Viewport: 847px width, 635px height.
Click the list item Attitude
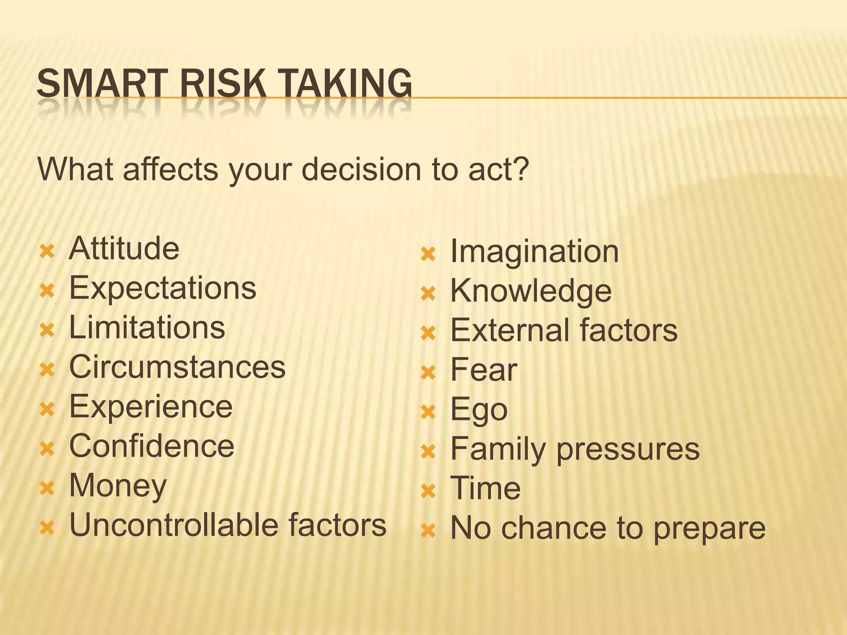[x=124, y=248]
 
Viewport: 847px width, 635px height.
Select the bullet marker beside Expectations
[x=47, y=291]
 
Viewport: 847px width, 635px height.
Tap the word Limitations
[x=147, y=327]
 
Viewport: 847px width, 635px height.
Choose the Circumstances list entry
[x=177, y=367]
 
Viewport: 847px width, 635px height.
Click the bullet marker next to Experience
[x=47, y=409]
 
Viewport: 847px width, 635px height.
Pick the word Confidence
[x=151, y=446]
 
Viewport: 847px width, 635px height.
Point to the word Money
[x=118, y=486]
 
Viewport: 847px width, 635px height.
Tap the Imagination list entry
[x=534, y=251]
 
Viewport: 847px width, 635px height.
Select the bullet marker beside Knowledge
[x=428, y=294]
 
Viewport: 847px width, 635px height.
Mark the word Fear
[x=483, y=370]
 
